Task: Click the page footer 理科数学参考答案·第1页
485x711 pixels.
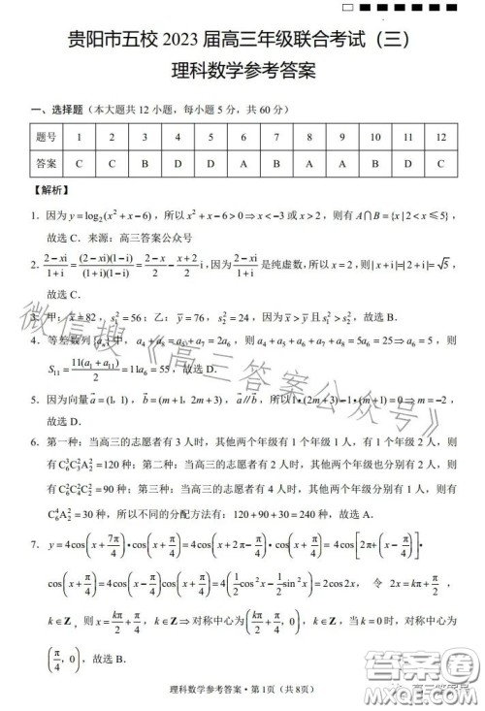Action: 242,690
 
